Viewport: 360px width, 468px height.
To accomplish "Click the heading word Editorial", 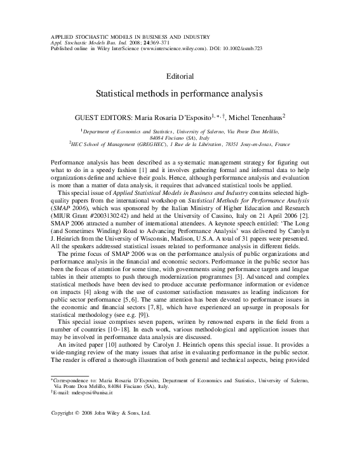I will [x=180, y=76].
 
